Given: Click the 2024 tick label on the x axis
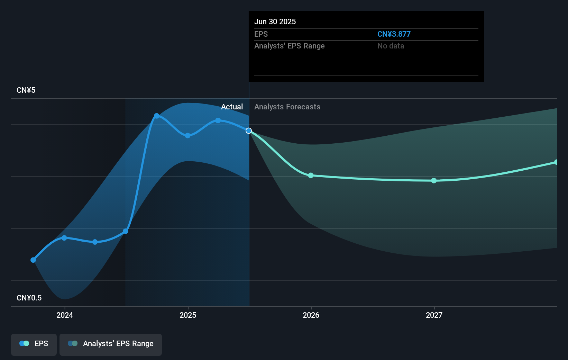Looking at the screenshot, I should coord(65,315).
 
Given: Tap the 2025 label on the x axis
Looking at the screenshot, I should coord(188,315).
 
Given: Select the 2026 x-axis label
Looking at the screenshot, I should coord(311,315).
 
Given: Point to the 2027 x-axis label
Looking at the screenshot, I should coord(434,315).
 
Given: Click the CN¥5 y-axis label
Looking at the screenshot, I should coord(26,90).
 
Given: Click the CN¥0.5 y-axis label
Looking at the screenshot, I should coord(29,298).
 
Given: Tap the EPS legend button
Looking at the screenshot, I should coord(34,344).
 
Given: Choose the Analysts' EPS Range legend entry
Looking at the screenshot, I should coord(111,344).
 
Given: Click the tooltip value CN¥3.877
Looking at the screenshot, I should coord(394,34).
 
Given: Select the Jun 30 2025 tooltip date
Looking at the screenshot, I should coord(275,22).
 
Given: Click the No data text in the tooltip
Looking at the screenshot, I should coord(391,46).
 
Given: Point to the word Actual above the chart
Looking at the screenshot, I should coord(232,107).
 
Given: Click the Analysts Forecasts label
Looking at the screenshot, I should coord(287,107).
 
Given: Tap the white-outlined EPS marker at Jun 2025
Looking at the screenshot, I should coord(249,130).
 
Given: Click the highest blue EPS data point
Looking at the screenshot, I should coord(157,116).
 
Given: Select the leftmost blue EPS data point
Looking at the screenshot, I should coord(33,260).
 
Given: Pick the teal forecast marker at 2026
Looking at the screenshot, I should coord(311,175).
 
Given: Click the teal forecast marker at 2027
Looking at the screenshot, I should coord(434,181).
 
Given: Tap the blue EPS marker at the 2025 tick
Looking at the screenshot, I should coord(187,136).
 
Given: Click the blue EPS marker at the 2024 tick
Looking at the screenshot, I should coord(64,238).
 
